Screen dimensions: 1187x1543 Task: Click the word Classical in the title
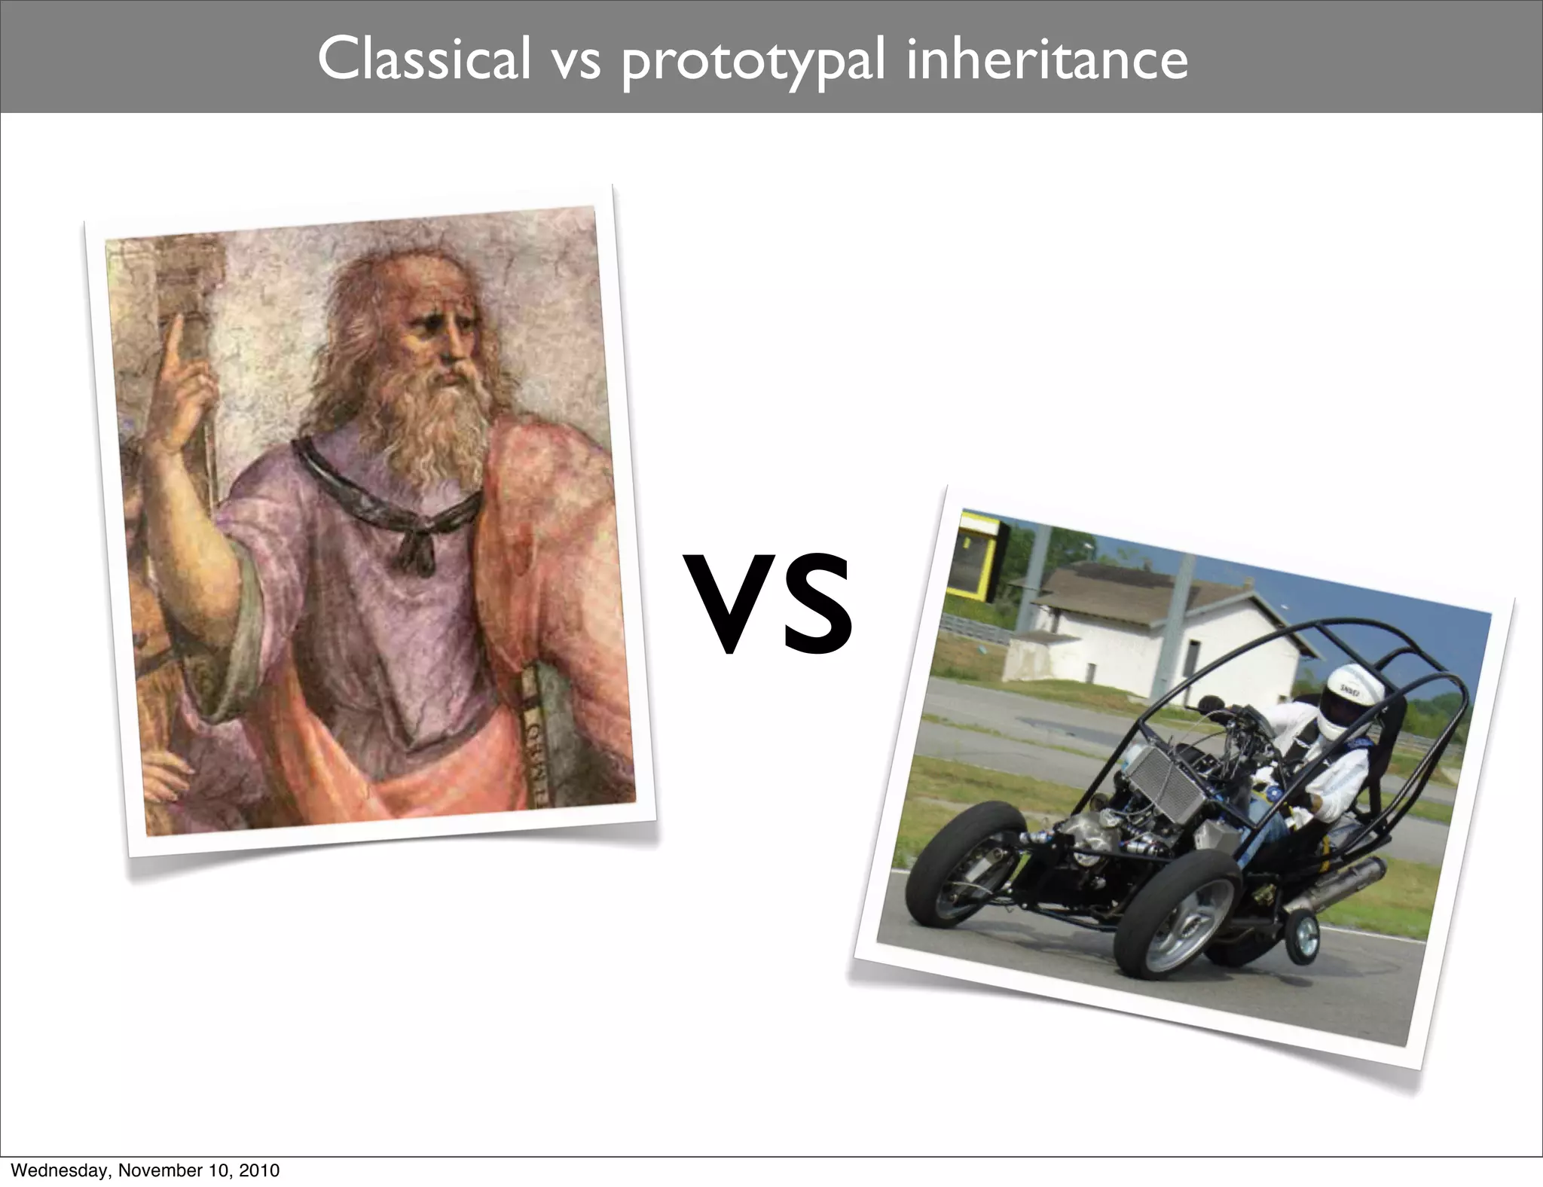pos(424,60)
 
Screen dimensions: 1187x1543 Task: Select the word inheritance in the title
pos(1046,60)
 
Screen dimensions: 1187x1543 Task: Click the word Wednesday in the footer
pos(60,1170)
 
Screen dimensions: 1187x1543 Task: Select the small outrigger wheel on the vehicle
pos(1303,938)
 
